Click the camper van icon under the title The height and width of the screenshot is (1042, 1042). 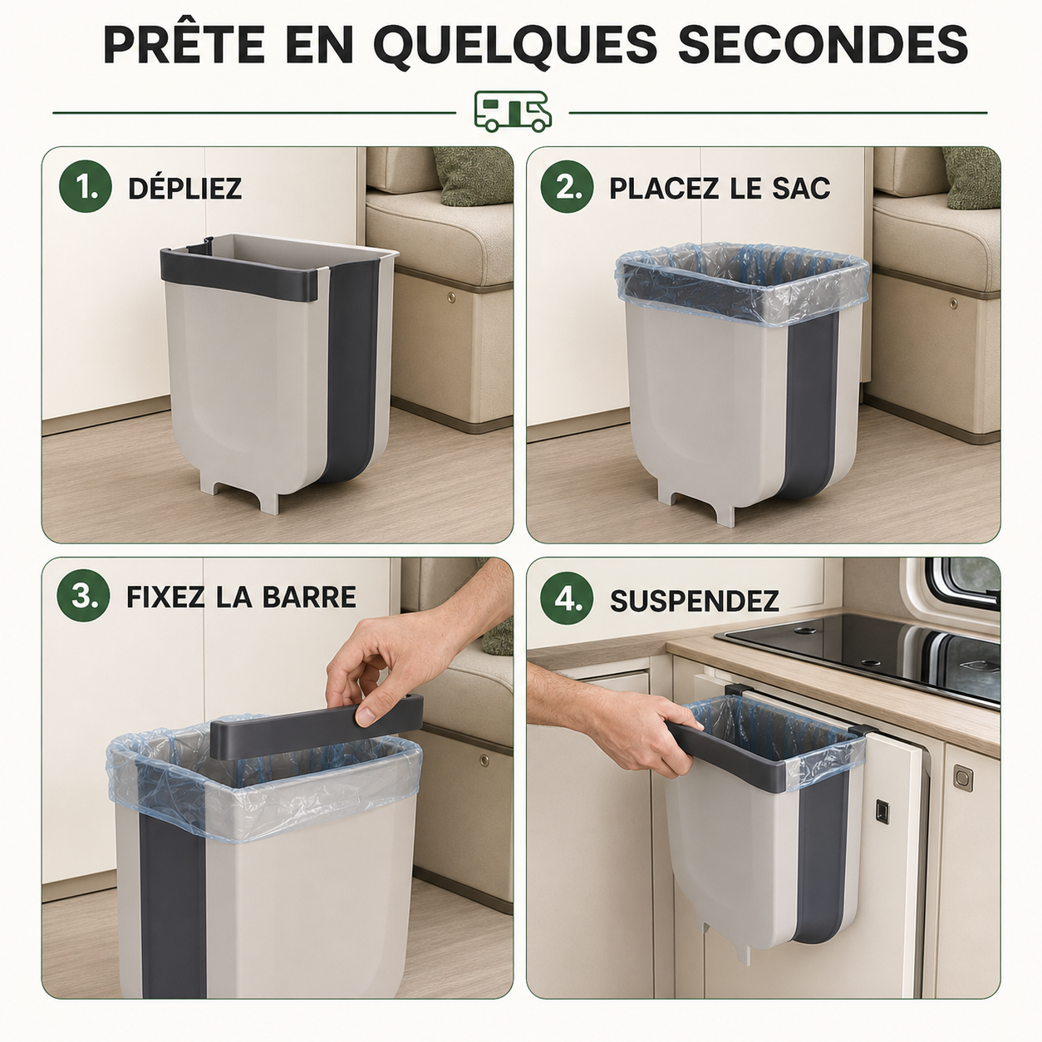pyautogui.click(x=513, y=111)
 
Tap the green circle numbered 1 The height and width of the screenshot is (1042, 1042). pyautogui.click(x=86, y=186)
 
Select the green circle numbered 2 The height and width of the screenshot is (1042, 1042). pyautogui.click(x=567, y=186)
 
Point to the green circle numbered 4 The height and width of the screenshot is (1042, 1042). pyautogui.click(x=567, y=598)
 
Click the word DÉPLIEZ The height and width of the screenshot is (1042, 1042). pyautogui.click(x=185, y=188)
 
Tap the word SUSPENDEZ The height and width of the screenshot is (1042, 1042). pyautogui.click(x=695, y=600)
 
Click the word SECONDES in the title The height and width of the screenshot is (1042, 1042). pyautogui.click(x=823, y=44)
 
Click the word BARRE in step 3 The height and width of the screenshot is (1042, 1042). pyautogui.click(x=309, y=597)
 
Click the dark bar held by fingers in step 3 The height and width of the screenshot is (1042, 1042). pyautogui.click(x=317, y=725)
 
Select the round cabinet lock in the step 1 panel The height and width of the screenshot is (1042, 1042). pyautogui.click(x=451, y=297)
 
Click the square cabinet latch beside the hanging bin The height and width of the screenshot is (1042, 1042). pyautogui.click(x=882, y=812)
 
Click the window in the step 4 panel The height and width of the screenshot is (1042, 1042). pyautogui.click(x=961, y=583)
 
